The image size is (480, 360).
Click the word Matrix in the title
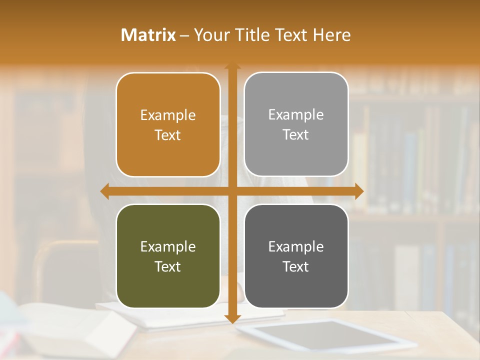pos(148,35)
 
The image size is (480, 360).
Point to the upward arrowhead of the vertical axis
pos(232,66)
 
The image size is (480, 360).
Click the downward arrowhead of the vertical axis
pos(232,318)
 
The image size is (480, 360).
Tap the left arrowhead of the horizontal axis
pos(105,191)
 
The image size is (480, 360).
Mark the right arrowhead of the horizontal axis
pos(359,191)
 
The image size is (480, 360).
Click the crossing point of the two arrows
pos(232,191)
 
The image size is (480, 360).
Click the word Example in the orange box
pos(168,115)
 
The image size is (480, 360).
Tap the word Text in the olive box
pos(168,266)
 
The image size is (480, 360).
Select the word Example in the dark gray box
pos(296,246)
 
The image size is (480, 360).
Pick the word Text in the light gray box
pos(296,134)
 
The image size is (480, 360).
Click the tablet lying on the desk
pos(325,335)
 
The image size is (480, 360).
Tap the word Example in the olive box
pos(168,246)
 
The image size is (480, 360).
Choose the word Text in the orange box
pos(168,135)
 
